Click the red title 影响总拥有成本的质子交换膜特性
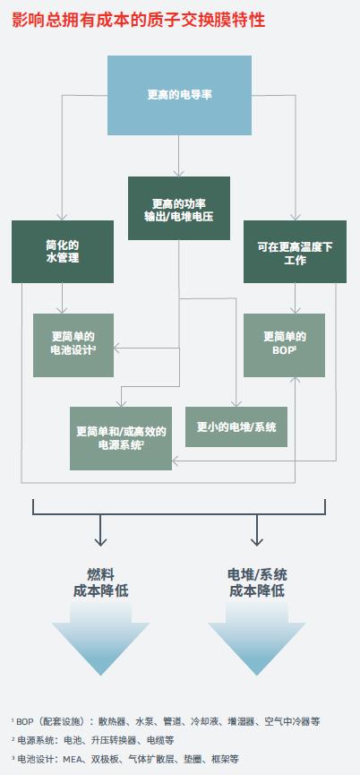coord(138,20)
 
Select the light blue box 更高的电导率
coord(179,95)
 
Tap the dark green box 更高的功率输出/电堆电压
coord(179,208)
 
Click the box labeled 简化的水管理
coord(63,252)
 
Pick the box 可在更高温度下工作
coord(295,252)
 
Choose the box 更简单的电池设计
coord(73,345)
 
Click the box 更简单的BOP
coord(285,345)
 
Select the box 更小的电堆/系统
coord(236,427)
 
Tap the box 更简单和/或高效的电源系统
coord(121,438)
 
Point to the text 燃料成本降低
coord(100,582)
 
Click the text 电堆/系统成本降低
coord(257,582)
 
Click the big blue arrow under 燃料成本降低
coord(100,639)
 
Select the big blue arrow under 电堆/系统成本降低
coord(257,639)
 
